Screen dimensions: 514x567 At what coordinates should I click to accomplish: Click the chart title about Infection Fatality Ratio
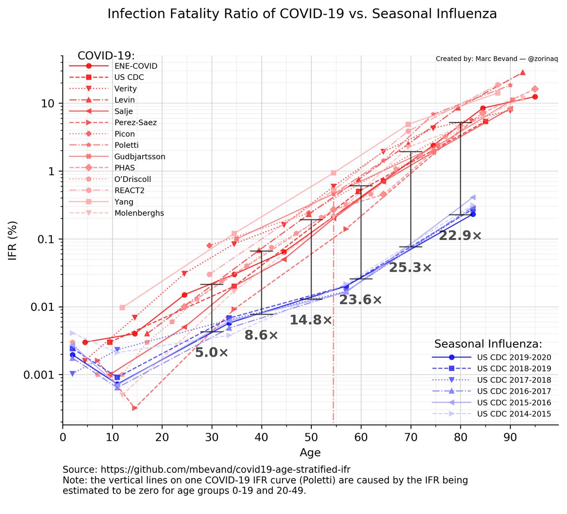pyautogui.click(x=302, y=14)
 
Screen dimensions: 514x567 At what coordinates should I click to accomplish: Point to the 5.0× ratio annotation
pyautogui.click(x=212, y=352)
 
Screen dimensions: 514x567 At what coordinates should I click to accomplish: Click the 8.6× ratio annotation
pyautogui.click(x=261, y=336)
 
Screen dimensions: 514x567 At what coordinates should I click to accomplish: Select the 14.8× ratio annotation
pyautogui.click(x=311, y=320)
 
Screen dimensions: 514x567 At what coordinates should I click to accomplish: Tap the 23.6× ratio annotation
pyautogui.click(x=361, y=300)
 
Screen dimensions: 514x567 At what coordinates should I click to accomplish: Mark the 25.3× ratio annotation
pyautogui.click(x=410, y=268)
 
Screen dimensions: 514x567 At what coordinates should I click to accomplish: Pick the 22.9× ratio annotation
pyautogui.click(x=460, y=236)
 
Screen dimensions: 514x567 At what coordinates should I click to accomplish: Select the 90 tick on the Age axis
pyautogui.click(x=510, y=437)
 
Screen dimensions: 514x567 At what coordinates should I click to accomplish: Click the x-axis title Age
pyautogui.click(x=310, y=453)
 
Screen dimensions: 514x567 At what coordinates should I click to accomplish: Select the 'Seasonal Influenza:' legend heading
pyautogui.click(x=488, y=344)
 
